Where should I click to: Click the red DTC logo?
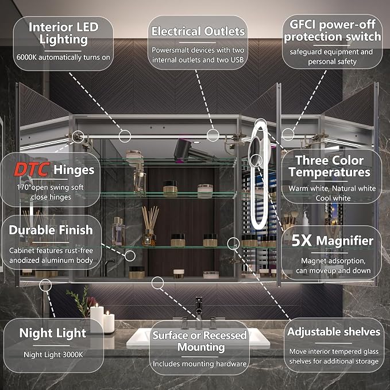pyautogui.click(x=32, y=169)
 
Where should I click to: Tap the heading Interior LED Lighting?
pyautogui.click(x=64, y=33)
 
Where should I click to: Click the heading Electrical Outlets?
pyautogui.click(x=198, y=32)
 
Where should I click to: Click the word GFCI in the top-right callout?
pyautogui.click(x=303, y=24)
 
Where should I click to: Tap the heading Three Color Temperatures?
pyautogui.click(x=329, y=166)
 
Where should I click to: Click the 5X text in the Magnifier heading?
pyautogui.click(x=302, y=240)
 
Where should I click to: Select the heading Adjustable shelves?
pyautogui.click(x=334, y=332)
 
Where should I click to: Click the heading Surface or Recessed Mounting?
pyautogui.click(x=199, y=341)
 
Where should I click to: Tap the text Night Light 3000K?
pyautogui.click(x=53, y=355)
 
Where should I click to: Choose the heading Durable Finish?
pyautogui.click(x=51, y=230)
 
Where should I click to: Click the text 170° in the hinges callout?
pyautogui.click(x=23, y=187)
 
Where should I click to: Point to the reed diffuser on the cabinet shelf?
pyautogui.click(x=150, y=226)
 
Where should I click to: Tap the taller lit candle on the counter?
pyautogui.click(x=96, y=318)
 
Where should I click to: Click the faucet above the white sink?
pyautogui.click(x=199, y=308)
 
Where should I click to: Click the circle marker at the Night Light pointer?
pyautogui.click(x=45, y=285)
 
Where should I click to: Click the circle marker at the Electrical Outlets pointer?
pyautogui.click(x=213, y=136)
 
